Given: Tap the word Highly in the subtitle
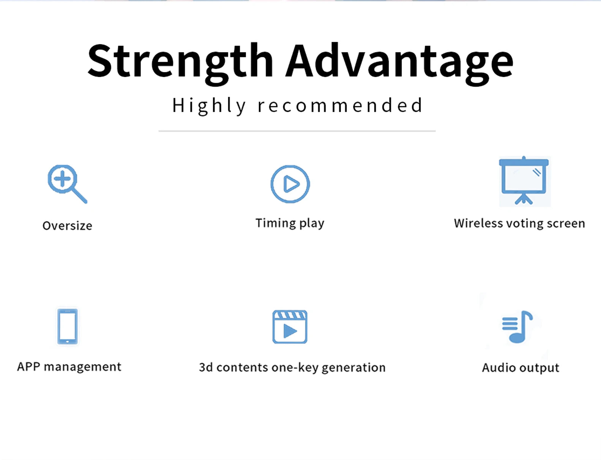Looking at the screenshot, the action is [x=209, y=106].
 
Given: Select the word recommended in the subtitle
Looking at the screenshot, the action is [x=340, y=105].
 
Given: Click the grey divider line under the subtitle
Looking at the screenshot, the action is [x=297, y=131].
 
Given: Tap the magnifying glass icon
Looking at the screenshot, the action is [x=68, y=184].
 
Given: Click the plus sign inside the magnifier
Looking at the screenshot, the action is [x=62, y=178].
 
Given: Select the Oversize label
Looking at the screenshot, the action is [x=67, y=226].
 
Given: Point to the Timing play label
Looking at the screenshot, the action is [x=290, y=223].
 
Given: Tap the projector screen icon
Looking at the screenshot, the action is [x=524, y=181].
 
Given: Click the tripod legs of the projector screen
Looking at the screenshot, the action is [x=524, y=199].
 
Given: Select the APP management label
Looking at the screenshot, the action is [x=69, y=367].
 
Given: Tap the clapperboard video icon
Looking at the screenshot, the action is [x=290, y=327].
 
